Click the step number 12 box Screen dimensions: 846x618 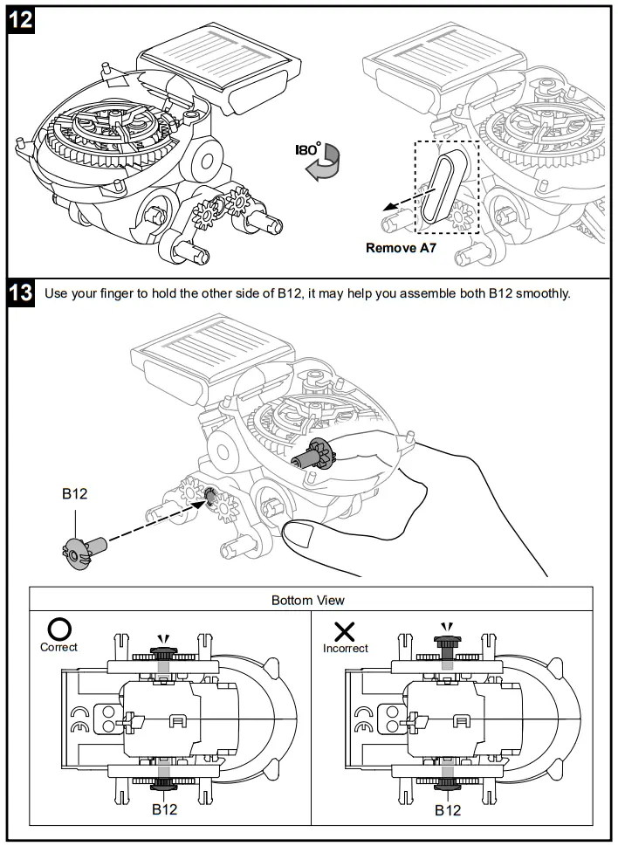click(21, 21)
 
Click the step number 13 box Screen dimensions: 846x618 click(21, 293)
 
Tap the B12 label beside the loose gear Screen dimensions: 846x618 click(74, 494)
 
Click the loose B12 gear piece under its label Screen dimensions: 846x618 click(79, 550)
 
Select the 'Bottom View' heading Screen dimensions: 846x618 click(307, 600)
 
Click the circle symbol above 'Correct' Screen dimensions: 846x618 click(58, 628)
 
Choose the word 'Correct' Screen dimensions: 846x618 click(58, 647)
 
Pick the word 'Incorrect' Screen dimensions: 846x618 click(346, 648)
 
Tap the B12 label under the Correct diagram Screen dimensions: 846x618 click(164, 809)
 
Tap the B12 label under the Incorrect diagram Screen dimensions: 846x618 click(447, 809)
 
